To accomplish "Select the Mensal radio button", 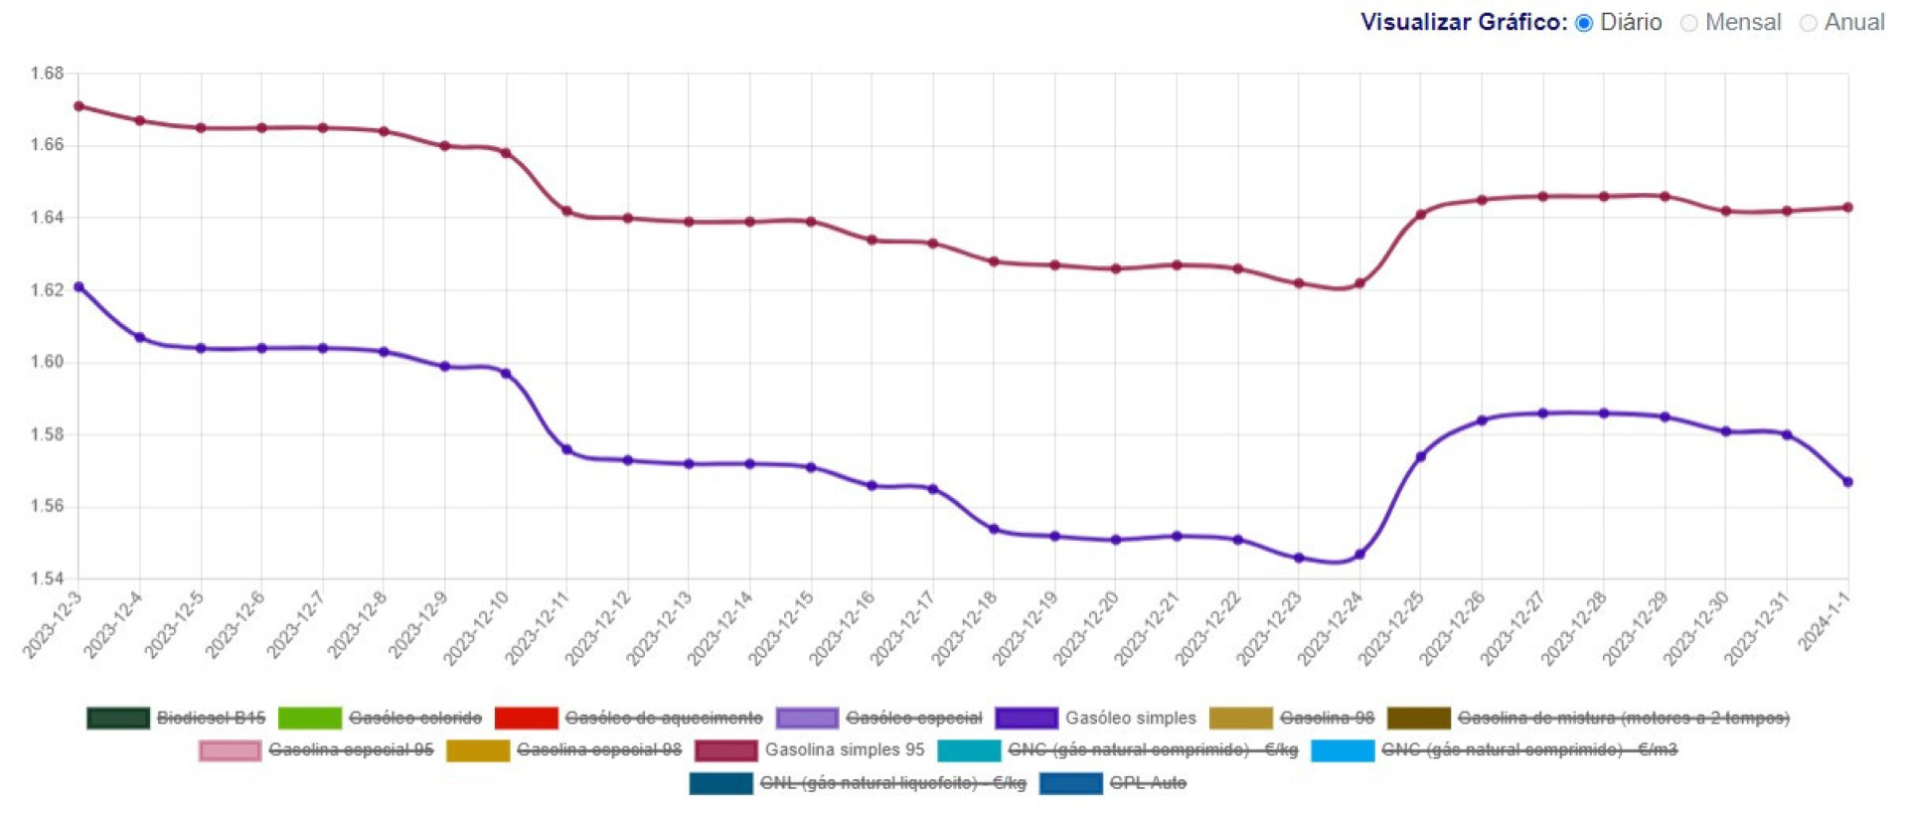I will pyautogui.click(x=1689, y=23).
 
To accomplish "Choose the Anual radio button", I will pyautogui.click(x=1809, y=23).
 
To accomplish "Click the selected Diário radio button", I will pyautogui.click(x=1584, y=23).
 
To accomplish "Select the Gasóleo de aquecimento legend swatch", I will pyautogui.click(x=526, y=718).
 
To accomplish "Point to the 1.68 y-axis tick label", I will pyautogui.click(x=47, y=74).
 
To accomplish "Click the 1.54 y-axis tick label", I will pyautogui.click(x=47, y=578).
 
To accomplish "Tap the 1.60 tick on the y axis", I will pyautogui.click(x=47, y=362).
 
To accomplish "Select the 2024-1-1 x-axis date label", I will pyautogui.click(x=1825, y=621).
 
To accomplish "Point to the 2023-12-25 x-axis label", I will pyautogui.click(x=1391, y=627).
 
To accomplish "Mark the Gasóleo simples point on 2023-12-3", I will pyautogui.click(x=79, y=287).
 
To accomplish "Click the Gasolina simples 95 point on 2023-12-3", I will pyautogui.click(x=79, y=106).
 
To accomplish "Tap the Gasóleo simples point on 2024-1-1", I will pyautogui.click(x=1848, y=482).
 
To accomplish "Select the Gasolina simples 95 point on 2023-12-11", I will pyautogui.click(x=567, y=211).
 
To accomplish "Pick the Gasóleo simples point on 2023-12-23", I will pyautogui.click(x=1299, y=559).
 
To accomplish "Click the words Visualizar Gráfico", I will pyautogui.click(x=1464, y=23).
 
